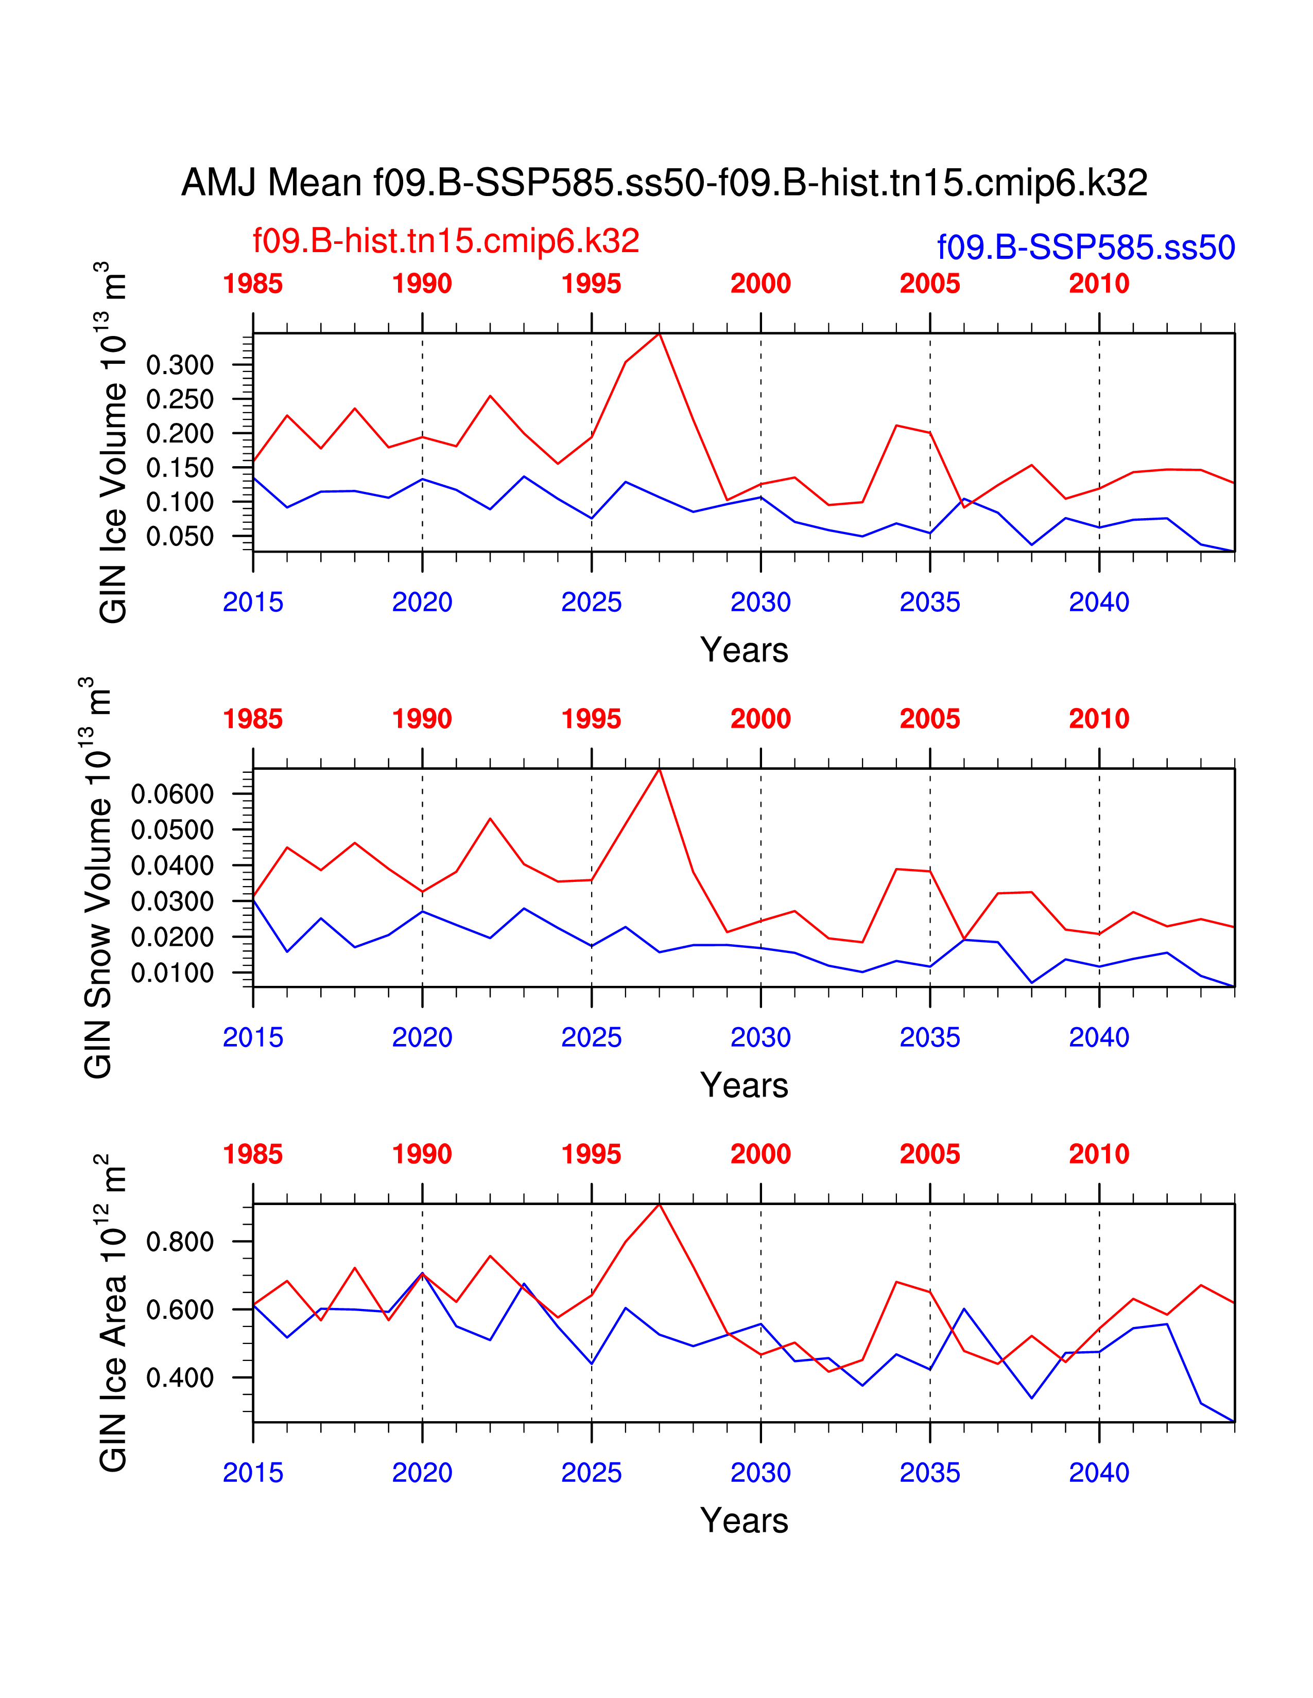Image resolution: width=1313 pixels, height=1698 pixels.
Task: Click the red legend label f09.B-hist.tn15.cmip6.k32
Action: coord(446,241)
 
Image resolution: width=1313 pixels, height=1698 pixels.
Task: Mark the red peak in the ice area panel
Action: coord(660,1205)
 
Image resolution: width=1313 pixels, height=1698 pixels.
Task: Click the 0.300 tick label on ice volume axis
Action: coord(180,365)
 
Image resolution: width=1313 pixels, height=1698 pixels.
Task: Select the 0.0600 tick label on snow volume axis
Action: coord(172,794)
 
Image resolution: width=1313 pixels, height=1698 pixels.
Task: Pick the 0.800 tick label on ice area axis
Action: coord(180,1242)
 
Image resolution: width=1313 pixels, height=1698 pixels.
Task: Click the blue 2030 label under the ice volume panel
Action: coord(760,602)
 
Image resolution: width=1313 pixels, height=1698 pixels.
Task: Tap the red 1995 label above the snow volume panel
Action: coord(591,719)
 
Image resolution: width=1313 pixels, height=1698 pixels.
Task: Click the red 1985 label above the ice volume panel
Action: coord(253,284)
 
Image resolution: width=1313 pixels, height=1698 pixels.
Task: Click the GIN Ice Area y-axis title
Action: coord(113,1314)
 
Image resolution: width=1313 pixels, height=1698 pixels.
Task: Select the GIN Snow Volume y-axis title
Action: coord(98,878)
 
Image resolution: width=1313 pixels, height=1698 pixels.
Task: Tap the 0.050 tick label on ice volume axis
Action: coord(180,537)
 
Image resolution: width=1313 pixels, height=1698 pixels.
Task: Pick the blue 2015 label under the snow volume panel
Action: coord(253,1037)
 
